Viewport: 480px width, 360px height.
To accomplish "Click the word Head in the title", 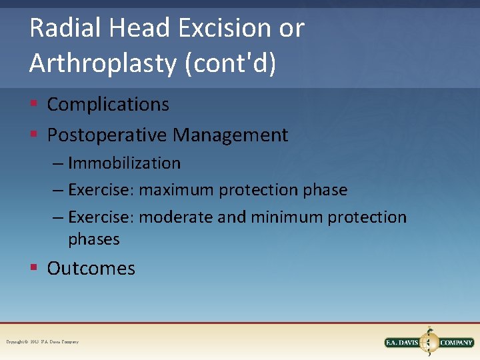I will point(134,29).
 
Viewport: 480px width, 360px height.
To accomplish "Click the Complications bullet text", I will point(108,105).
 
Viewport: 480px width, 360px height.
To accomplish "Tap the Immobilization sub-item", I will point(124,163).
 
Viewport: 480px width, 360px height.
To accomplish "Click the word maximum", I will point(177,190).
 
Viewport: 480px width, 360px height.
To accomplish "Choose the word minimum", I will point(291,217).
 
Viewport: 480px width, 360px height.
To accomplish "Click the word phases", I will point(94,239).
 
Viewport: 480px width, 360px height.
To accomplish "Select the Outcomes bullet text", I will point(91,269).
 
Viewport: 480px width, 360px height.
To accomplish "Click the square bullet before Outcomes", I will point(33,269).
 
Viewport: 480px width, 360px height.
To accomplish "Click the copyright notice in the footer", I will point(42,342).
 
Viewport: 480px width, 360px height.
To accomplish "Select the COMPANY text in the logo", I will point(456,343).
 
